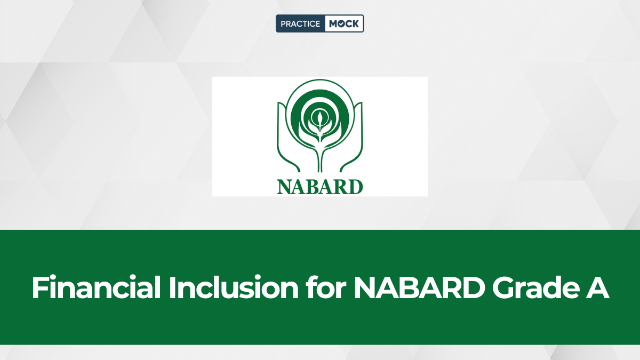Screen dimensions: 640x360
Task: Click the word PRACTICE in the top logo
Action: pyautogui.click(x=300, y=23)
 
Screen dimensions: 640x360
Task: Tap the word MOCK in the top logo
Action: pyautogui.click(x=343, y=23)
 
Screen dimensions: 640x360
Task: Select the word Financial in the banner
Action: pyautogui.click(x=96, y=287)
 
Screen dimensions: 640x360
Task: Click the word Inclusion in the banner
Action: pyautogui.click(x=234, y=287)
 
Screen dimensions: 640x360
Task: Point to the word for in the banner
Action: pyautogui.click(x=326, y=287)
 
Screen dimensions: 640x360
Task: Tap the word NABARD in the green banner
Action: pyautogui.click(x=419, y=287)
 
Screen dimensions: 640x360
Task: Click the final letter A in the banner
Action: pyautogui.click(x=597, y=287)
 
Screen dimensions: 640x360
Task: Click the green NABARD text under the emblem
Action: pyautogui.click(x=320, y=187)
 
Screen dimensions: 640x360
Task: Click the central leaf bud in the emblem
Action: pyautogui.click(x=319, y=119)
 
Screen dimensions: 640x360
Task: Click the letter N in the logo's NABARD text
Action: pyautogui.click(x=284, y=187)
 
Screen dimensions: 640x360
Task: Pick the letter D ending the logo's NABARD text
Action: pyautogui.click(x=356, y=187)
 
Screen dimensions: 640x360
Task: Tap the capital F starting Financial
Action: pyautogui.click(x=39, y=287)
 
